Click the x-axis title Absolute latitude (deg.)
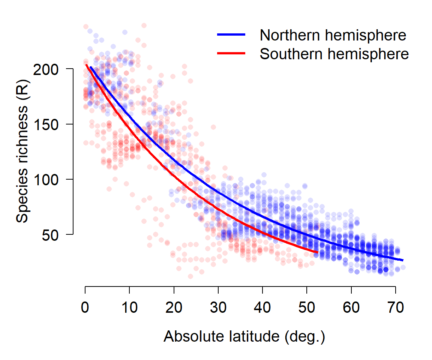tap(244, 336)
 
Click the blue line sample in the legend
tap(231, 34)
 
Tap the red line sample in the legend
tap(231, 54)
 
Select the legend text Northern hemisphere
tap(333, 35)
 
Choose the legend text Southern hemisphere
tap(334, 54)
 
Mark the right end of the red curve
tap(318, 252)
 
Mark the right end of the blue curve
tap(403, 260)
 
